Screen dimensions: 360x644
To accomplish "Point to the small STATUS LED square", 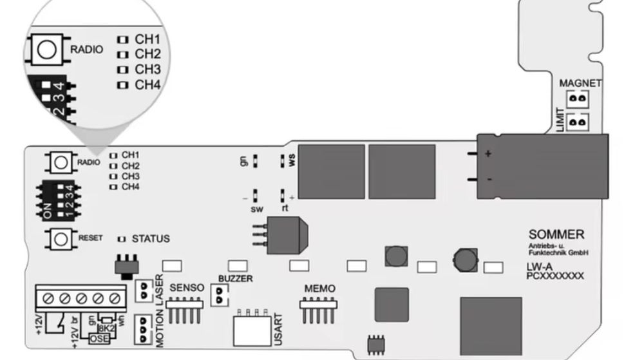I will [122, 239].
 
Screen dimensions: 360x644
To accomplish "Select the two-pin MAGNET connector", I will [579, 99].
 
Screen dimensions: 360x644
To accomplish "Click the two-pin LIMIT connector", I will [579, 121].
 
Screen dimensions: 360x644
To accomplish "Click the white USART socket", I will [252, 330].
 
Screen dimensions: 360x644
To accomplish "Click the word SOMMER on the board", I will [556, 234].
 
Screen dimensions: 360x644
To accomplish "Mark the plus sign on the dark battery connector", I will [488, 154].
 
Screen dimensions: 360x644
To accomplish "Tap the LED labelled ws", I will [283, 160].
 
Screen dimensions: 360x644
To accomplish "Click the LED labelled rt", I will [283, 195].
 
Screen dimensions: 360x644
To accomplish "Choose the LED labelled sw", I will [256, 195].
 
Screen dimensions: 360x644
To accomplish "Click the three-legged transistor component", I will [281, 234].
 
